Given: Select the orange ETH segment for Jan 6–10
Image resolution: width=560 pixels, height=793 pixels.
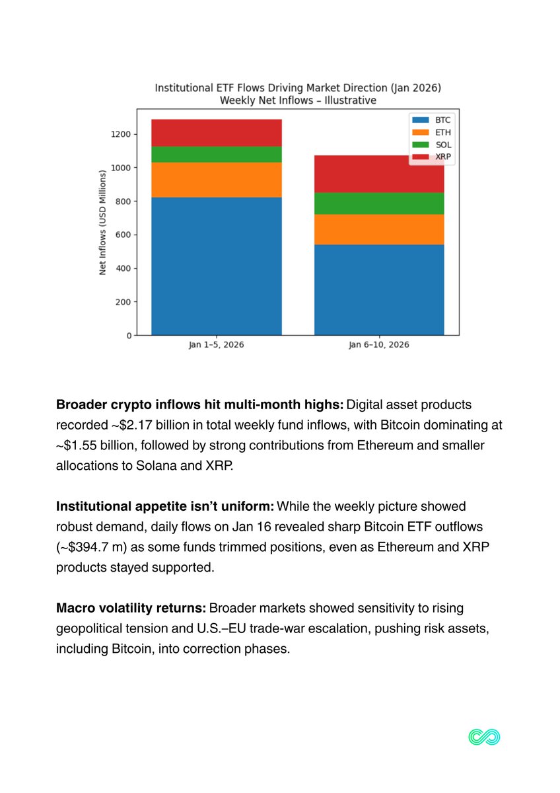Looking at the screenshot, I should pos(379,229).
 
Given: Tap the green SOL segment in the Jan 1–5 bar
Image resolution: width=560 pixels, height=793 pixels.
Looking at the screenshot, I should pos(217,154).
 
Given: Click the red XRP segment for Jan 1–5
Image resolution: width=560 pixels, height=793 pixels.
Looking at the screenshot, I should pos(217,132).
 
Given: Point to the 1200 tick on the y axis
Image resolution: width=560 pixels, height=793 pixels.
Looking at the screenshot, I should pos(122,134).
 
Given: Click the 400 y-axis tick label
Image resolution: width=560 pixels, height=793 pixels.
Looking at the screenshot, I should pos(123,268).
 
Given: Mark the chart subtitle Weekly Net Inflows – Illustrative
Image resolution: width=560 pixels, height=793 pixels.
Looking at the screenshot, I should pos(298,100).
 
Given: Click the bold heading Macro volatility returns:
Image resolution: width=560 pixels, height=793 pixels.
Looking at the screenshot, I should pos(131,607).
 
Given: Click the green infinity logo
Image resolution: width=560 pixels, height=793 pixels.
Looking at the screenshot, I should pos(484,737).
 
